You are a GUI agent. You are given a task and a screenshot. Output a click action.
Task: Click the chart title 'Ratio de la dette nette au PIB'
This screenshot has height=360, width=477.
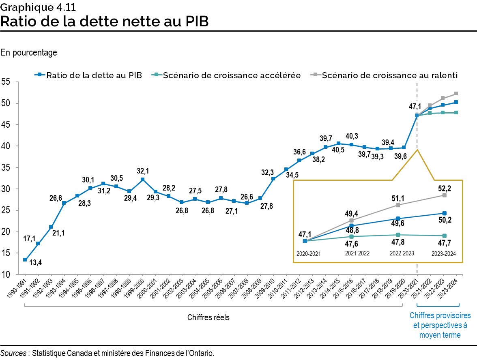pos(105,21)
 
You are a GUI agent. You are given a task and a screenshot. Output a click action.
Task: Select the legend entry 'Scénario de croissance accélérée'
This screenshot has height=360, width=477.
pos(231,75)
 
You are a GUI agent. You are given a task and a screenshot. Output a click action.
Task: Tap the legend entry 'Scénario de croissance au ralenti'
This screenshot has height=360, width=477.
pos(389,75)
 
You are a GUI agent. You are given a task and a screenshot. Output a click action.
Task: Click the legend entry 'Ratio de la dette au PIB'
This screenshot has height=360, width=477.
pos(93,75)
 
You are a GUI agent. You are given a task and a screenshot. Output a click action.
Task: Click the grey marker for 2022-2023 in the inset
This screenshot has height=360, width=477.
pos(397,205)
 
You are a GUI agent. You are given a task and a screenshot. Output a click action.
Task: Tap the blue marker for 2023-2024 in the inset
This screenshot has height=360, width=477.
pos(444,213)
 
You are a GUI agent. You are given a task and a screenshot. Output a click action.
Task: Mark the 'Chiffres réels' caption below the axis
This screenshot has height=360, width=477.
pos(208,317)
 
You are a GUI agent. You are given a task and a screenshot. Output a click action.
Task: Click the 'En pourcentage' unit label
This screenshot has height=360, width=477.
pos(29,53)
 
